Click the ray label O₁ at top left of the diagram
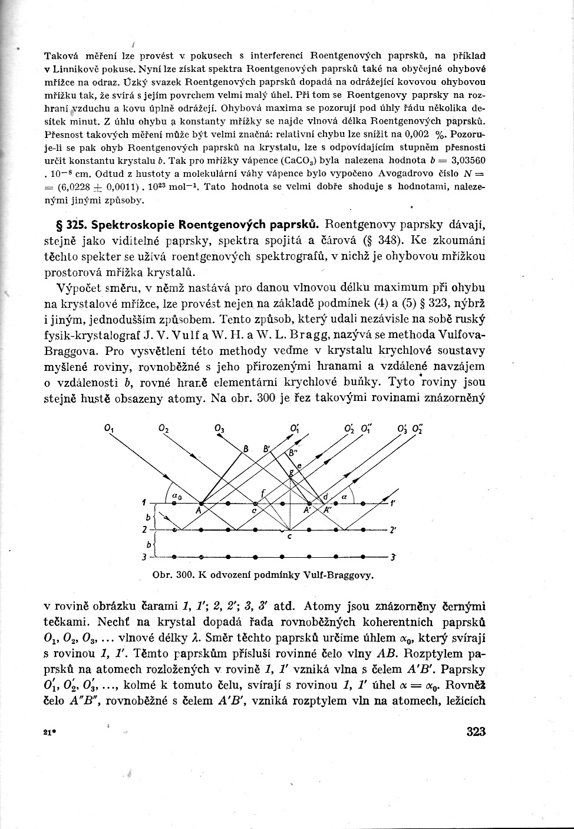tap(109, 429)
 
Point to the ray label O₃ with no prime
tap(219, 429)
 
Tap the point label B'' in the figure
tap(292, 452)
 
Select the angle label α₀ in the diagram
tap(176, 497)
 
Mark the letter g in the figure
tap(289, 473)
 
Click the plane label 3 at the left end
tap(144, 557)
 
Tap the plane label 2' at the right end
tap(392, 530)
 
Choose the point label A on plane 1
tap(199, 511)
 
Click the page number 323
tap(476, 732)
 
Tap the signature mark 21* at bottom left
tap(49, 732)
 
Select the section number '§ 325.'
tap(60, 225)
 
